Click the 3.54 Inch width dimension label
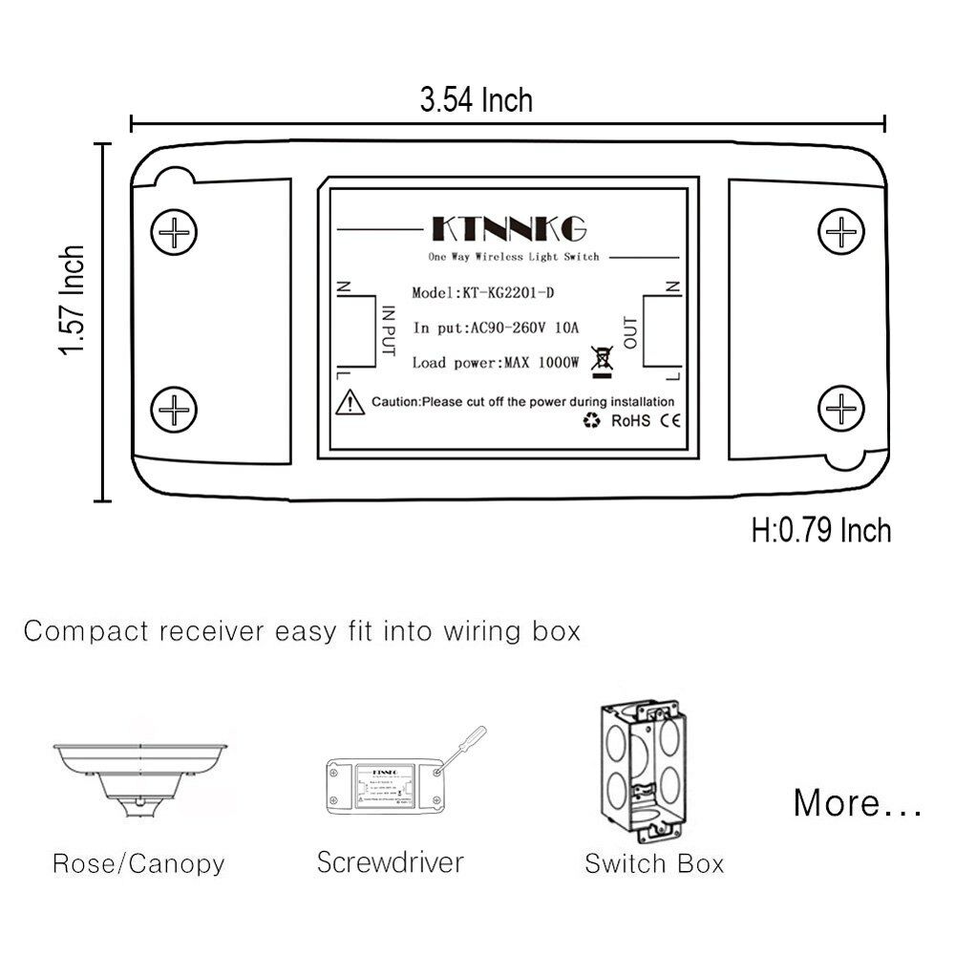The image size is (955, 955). (x=477, y=99)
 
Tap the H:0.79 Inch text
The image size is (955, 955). (x=821, y=530)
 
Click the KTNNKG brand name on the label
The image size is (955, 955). (x=509, y=229)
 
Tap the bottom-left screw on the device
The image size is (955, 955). (x=176, y=411)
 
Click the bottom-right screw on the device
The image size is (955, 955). (x=843, y=411)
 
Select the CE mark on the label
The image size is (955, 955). (x=670, y=420)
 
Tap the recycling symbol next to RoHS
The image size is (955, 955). (x=592, y=420)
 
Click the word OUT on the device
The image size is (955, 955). (x=629, y=330)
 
